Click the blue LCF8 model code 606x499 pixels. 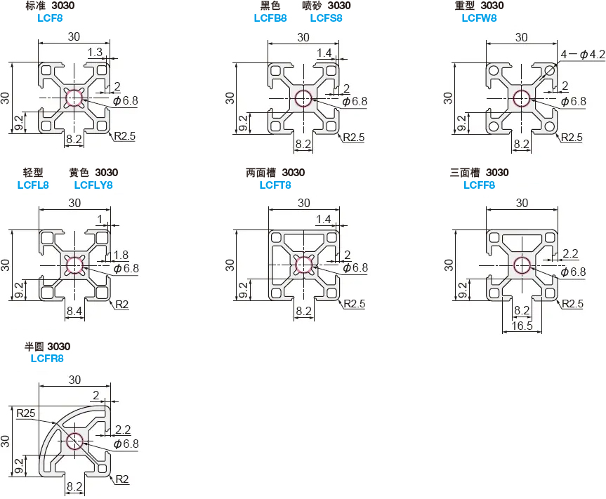pos(50,18)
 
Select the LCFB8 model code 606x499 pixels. pos(270,18)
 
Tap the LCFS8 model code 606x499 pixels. pos(327,18)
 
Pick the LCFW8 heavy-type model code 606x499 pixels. pos(479,18)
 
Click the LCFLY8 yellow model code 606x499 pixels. pos(93,185)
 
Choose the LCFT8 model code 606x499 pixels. pos(275,185)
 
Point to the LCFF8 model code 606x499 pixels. pos(479,185)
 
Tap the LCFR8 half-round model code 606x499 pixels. pos(47,359)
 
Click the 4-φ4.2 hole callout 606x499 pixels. pos(582,55)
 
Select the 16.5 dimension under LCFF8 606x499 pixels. pos(522,326)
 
